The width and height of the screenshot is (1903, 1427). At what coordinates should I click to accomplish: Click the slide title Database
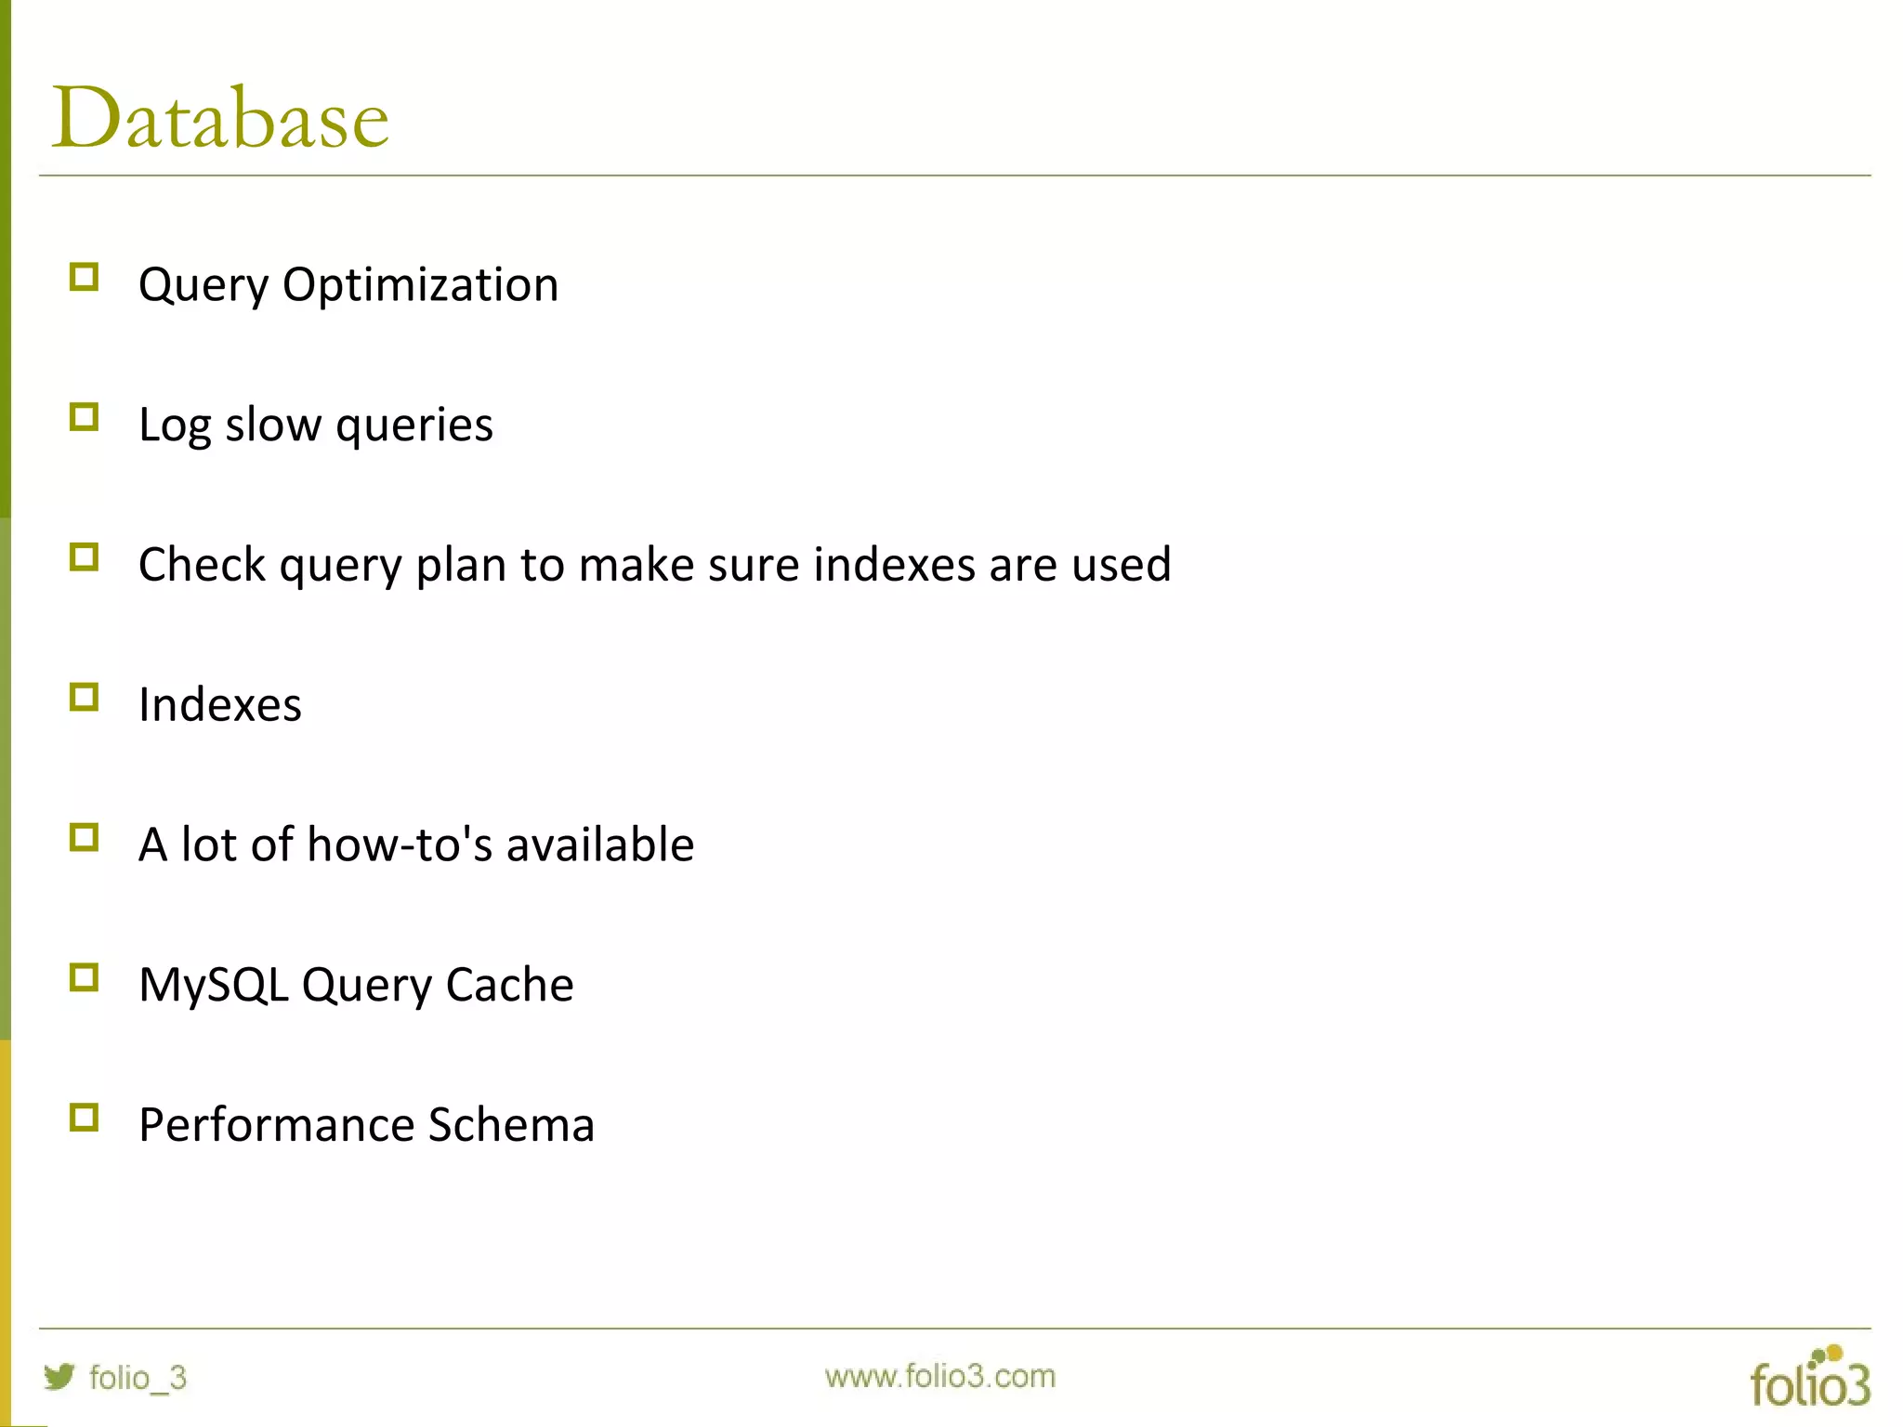point(220,118)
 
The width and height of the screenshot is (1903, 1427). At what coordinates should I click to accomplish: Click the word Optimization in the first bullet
point(420,284)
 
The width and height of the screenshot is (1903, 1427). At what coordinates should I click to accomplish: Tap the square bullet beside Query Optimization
point(84,277)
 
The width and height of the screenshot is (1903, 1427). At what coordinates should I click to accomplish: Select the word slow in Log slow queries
point(272,425)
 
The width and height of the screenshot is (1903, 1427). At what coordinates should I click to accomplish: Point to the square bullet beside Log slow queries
point(84,417)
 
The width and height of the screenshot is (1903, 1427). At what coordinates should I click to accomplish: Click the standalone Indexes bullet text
point(220,704)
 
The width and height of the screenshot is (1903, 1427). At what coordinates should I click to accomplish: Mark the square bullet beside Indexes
point(84,697)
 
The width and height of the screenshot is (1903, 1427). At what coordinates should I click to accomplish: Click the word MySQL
point(214,985)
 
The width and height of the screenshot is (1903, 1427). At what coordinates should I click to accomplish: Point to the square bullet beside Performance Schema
point(84,1117)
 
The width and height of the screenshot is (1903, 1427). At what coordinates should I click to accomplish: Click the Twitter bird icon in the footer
point(59,1376)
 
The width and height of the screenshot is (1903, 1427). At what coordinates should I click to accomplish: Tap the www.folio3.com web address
point(939,1376)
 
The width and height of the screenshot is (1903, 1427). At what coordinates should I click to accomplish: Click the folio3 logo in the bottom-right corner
point(1809,1377)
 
